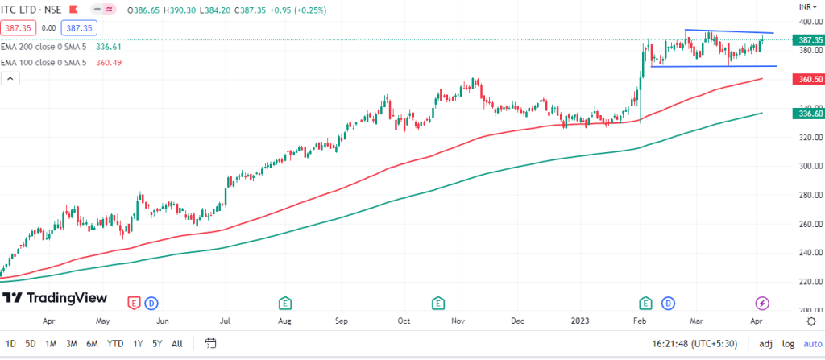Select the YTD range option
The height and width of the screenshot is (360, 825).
point(116,344)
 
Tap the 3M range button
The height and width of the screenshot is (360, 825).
point(71,344)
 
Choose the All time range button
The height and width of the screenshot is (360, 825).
point(177,344)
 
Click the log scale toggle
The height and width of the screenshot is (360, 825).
point(789,344)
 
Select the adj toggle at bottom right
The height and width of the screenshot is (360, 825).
point(766,344)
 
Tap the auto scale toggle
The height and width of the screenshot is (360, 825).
point(811,344)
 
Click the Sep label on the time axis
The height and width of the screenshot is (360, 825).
point(342,321)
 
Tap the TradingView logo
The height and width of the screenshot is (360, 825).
point(54,298)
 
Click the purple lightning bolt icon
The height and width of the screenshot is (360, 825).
point(762,303)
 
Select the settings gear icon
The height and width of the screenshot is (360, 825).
point(811,321)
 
